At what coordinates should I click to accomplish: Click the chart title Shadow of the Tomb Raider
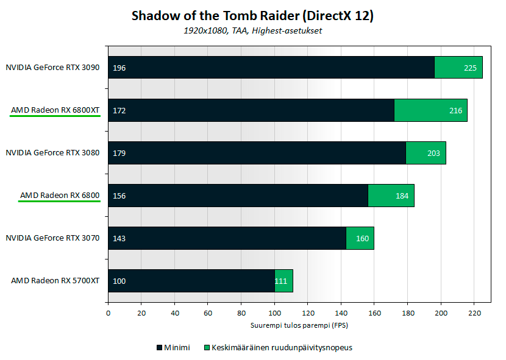click(252, 16)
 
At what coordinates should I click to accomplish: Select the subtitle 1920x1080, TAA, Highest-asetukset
click(252, 31)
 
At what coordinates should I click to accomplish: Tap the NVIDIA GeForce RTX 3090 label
click(52, 68)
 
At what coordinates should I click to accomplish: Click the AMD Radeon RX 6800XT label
click(55, 110)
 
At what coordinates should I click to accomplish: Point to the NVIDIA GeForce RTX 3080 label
click(52, 153)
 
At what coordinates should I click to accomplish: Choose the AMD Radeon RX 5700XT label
click(55, 281)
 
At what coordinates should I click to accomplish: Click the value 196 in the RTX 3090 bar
click(119, 68)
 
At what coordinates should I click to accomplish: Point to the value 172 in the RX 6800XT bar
click(119, 110)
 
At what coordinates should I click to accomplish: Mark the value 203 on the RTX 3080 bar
click(433, 153)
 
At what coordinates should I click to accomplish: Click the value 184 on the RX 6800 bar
click(402, 196)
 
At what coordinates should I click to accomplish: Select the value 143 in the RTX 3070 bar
click(119, 238)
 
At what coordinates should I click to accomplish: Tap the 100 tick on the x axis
click(274, 313)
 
